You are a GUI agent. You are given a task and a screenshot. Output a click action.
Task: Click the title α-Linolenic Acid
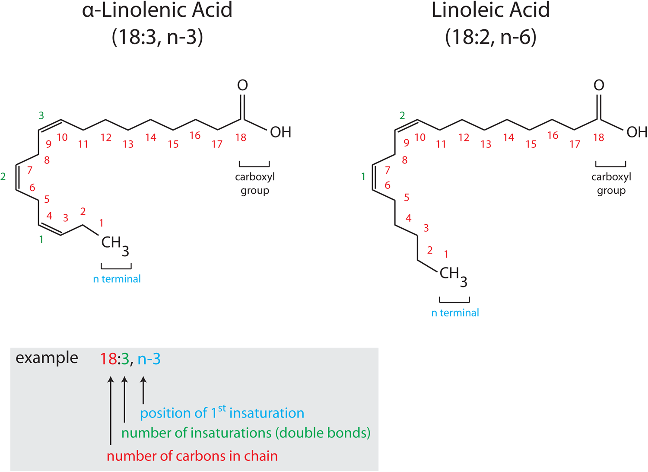coord(157,10)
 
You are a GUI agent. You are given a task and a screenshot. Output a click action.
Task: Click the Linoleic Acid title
coord(490,10)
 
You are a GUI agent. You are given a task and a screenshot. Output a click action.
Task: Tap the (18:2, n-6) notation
coord(491,37)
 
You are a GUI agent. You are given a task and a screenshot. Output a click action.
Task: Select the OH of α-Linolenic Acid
coord(280,132)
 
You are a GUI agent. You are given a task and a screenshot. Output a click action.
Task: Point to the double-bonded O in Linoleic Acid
coord(599,86)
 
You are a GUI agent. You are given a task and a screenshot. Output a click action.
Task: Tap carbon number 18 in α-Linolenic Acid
coord(241,138)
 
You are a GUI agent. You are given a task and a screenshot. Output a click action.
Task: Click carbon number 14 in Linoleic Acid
coord(508,138)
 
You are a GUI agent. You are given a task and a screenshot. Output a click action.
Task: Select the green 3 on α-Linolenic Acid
coord(41,115)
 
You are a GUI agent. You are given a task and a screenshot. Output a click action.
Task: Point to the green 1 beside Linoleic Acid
coord(363,176)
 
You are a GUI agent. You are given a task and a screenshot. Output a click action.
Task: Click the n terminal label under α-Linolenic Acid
coord(117,279)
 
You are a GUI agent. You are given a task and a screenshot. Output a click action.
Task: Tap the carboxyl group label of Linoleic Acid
coord(611,184)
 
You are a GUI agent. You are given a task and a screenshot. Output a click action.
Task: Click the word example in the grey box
coord(47,358)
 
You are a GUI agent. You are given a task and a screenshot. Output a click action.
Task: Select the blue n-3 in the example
coord(149,359)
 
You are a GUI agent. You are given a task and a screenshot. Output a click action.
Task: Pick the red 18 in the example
coord(108,359)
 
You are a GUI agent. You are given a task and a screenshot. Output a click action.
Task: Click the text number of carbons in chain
coord(192,456)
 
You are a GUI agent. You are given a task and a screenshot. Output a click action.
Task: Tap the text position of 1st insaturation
coord(222,413)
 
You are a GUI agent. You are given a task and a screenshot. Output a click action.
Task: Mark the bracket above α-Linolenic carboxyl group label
coord(254,165)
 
